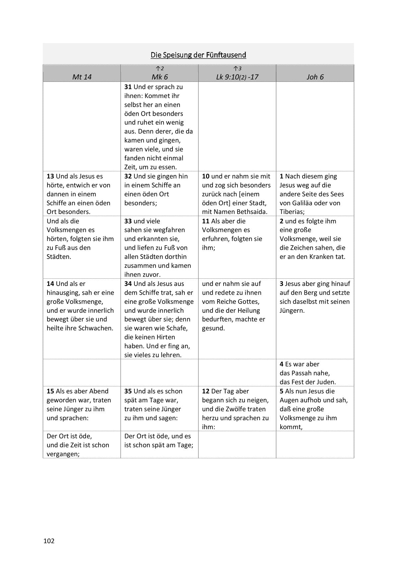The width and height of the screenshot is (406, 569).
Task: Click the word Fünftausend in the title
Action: click(x=226, y=55)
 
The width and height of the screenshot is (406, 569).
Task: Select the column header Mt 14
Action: click(x=82, y=77)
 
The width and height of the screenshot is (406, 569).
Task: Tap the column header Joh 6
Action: click(x=315, y=77)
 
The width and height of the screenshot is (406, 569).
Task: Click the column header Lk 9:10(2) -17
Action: click(x=237, y=77)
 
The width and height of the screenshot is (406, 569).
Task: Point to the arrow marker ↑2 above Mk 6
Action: click(x=160, y=69)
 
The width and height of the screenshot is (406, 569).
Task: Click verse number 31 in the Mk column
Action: click(x=128, y=87)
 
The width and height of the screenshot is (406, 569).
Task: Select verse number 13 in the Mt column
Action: click(x=50, y=176)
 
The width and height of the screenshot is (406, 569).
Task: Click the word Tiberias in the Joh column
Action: click(x=291, y=212)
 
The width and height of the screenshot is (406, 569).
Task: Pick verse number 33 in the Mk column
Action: click(x=128, y=221)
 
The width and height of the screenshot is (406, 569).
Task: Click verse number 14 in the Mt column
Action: click(x=50, y=284)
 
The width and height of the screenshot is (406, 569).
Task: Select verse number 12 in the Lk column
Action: click(x=206, y=391)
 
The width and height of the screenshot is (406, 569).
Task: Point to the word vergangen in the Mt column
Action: click(x=62, y=454)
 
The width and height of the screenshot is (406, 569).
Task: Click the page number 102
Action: click(x=49, y=541)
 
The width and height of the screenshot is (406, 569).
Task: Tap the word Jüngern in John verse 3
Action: click(x=291, y=311)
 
